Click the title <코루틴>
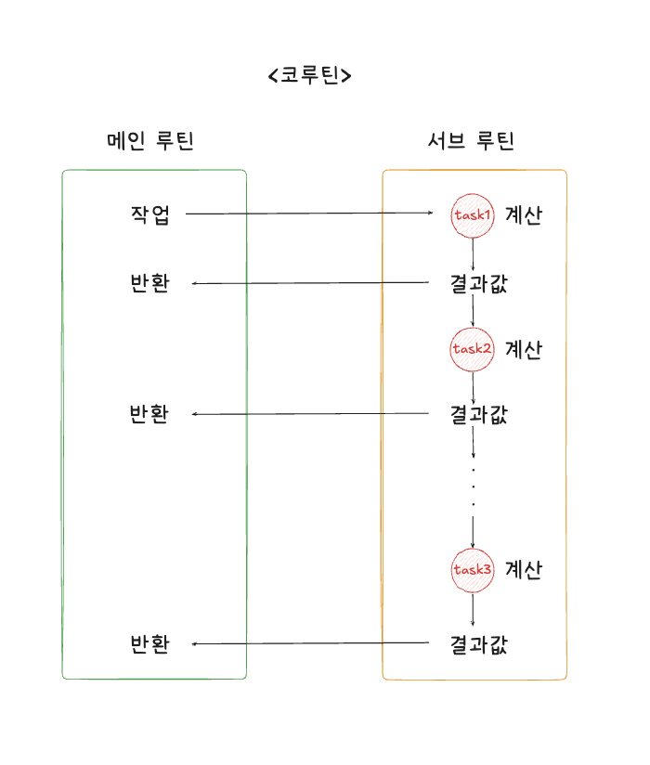click(x=309, y=75)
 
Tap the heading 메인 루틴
click(x=150, y=141)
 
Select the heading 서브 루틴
click(x=471, y=141)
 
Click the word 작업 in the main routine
click(x=150, y=214)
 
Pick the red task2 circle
click(x=473, y=350)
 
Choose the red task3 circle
click(x=473, y=569)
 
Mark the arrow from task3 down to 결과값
click(x=474, y=609)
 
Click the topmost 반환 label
click(x=150, y=283)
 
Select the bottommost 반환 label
click(x=150, y=643)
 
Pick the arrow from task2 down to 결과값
click(x=474, y=388)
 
